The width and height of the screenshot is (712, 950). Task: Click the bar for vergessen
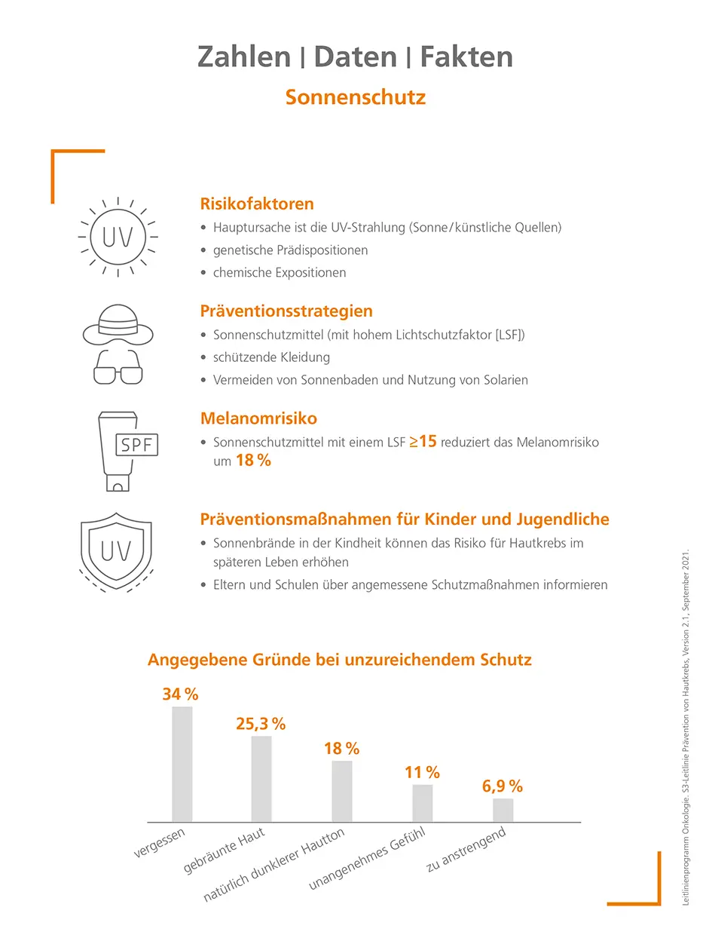pyautogui.click(x=182, y=764)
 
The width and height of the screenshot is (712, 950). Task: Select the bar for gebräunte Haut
pyautogui.click(x=261, y=779)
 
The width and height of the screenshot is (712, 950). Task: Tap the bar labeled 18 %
pyautogui.click(x=342, y=791)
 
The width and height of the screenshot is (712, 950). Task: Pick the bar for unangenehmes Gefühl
pyautogui.click(x=423, y=803)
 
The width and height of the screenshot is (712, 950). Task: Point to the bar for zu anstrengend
pyautogui.click(x=503, y=810)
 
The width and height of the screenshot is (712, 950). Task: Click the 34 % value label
pyautogui.click(x=180, y=694)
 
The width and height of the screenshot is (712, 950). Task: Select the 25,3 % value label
pyautogui.click(x=261, y=724)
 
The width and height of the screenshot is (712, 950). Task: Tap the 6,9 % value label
pyautogui.click(x=503, y=786)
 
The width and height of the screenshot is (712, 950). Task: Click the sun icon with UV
pyautogui.click(x=118, y=236)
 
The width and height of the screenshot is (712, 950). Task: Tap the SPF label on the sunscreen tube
pyautogui.click(x=136, y=445)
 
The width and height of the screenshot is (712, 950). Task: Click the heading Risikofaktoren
pyautogui.click(x=257, y=204)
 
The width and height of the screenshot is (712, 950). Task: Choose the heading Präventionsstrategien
pyautogui.click(x=286, y=311)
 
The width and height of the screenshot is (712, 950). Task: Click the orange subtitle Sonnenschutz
pyautogui.click(x=356, y=97)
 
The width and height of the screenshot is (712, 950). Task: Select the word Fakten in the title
pyautogui.click(x=466, y=57)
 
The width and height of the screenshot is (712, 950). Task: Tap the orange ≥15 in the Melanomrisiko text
pyautogui.click(x=423, y=442)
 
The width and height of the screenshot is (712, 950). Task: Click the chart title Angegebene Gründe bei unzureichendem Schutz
pyautogui.click(x=340, y=660)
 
